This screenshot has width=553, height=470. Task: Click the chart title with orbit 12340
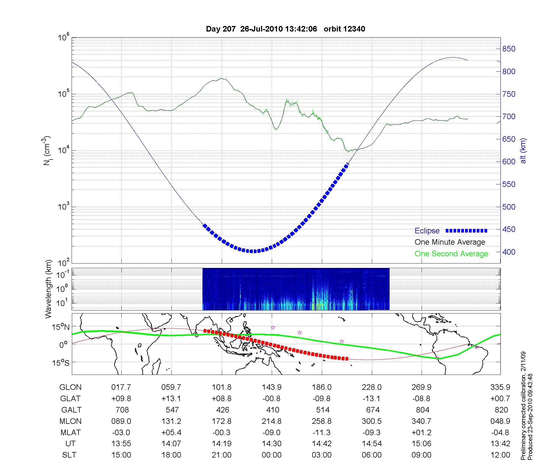(285, 29)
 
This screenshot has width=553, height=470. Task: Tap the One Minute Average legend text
(450, 242)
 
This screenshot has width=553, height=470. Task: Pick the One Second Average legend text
(451, 254)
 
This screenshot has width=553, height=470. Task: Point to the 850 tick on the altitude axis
(509, 49)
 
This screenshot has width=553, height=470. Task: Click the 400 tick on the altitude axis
(509, 252)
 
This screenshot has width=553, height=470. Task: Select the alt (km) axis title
(523, 151)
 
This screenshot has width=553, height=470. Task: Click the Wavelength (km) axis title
(48, 289)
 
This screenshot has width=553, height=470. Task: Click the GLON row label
(70, 387)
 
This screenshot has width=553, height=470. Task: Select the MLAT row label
(70, 432)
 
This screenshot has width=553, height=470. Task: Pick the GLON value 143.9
(272, 387)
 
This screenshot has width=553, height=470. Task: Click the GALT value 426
(223, 410)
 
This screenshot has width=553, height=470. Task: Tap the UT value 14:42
(322, 444)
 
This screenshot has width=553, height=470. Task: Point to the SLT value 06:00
(372, 455)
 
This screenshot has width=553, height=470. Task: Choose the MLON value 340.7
(421, 421)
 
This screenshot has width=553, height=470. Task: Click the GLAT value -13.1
(372, 398)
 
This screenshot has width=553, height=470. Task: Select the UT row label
(70, 444)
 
